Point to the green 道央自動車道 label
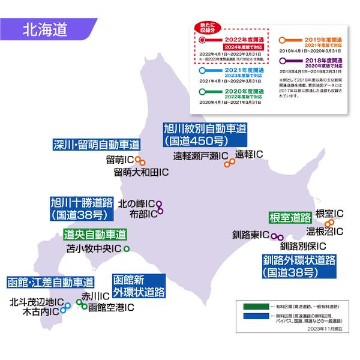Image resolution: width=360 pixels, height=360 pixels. click(95, 235)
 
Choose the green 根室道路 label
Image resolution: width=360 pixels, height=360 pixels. click(289, 217)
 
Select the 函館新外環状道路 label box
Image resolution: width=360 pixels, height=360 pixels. click(139, 287)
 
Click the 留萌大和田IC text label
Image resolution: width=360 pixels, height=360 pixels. click(141, 173)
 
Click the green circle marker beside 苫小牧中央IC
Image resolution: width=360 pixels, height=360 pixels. click(126, 248)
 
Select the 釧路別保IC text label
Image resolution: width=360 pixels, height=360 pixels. click(302, 246)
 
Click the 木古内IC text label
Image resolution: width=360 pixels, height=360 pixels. click(40, 312)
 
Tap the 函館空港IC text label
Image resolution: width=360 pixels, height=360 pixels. click(111, 309)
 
